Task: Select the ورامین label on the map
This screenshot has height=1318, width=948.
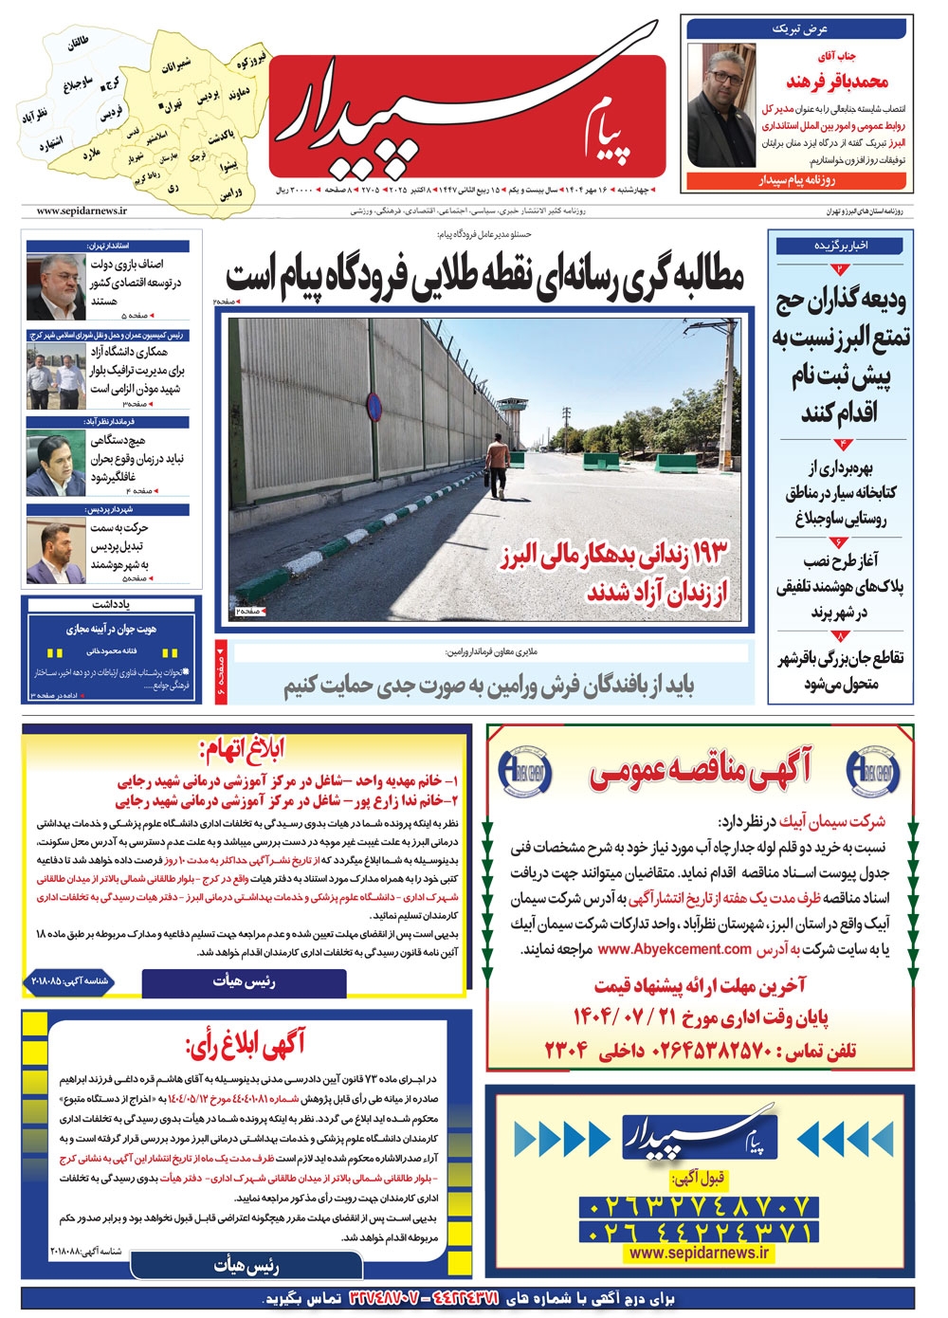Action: pos(231,192)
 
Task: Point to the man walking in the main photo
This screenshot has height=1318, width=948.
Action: pos(496,464)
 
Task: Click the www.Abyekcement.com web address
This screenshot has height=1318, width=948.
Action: pos(675,948)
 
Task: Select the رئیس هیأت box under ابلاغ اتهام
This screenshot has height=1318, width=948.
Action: pos(244,982)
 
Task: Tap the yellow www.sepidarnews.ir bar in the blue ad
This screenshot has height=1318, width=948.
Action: pos(699,1252)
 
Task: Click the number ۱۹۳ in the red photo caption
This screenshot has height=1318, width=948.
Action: pos(706,550)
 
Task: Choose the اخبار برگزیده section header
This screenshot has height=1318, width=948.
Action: pos(841,245)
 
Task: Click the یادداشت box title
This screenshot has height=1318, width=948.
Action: pos(112,604)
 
